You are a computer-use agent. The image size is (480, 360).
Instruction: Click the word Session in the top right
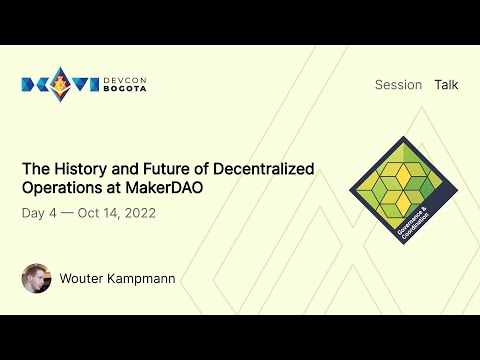[398, 85]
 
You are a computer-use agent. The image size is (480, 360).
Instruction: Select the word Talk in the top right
[446, 85]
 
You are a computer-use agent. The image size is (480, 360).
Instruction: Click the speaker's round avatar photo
[36, 278]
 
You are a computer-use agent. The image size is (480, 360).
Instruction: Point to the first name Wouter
[83, 278]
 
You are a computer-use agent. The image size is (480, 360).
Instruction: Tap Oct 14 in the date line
[98, 213]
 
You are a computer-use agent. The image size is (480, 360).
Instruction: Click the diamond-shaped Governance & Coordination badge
[397, 185]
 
